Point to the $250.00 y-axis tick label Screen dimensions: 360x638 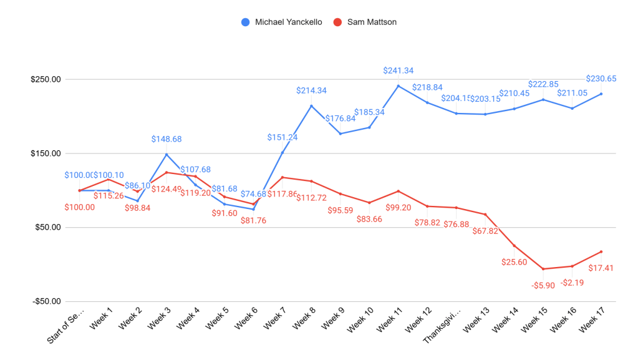[46, 79]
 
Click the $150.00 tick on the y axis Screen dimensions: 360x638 [46, 153]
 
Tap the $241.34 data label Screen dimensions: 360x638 [398, 71]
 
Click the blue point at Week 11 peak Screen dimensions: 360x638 [398, 85]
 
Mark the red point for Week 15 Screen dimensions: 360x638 [543, 269]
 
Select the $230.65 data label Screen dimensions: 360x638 [601, 79]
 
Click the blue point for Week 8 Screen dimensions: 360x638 [311, 105]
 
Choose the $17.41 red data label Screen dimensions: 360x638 [601, 268]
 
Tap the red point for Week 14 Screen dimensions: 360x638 [514, 246]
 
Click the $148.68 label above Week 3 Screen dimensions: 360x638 [167, 139]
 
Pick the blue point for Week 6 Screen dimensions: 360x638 [253, 209]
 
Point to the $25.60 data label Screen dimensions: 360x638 [514, 262]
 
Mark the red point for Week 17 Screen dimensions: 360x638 [601, 251]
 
